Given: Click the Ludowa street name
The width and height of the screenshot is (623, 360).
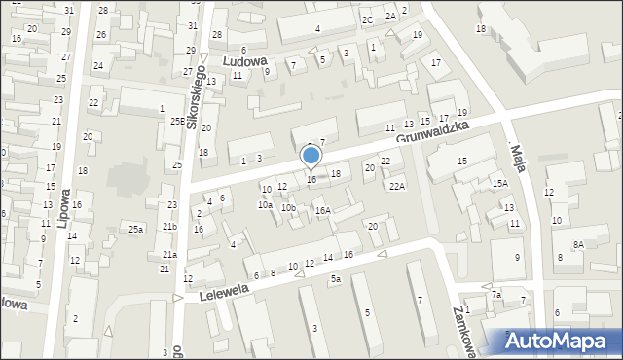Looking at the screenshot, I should pyautogui.click(x=244, y=60).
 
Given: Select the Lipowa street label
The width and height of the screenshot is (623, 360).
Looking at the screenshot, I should pyautogui.click(x=63, y=211).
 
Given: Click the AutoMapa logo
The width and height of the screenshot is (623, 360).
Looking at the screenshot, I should pyautogui.click(x=562, y=342).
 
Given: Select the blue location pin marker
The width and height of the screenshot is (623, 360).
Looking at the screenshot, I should pyautogui.click(x=311, y=156).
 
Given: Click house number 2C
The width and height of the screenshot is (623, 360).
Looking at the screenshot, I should pyautogui.click(x=368, y=19).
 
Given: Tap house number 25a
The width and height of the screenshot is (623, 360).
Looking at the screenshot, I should pyautogui.click(x=136, y=229).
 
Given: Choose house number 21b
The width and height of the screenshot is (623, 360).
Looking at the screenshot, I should pyautogui.click(x=169, y=226).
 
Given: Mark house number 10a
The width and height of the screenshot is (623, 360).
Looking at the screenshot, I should pyautogui.click(x=265, y=205).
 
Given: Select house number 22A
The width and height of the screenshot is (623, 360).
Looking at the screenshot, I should pyautogui.click(x=396, y=186).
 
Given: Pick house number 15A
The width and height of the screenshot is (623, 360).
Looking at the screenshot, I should pyautogui.click(x=500, y=183).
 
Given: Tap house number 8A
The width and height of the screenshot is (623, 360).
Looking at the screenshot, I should pyautogui.click(x=578, y=244).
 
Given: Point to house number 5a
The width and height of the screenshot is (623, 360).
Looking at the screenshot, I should pyautogui.click(x=335, y=279).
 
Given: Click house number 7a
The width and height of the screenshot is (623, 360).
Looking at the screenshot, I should pyautogui.click(x=495, y=294).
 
